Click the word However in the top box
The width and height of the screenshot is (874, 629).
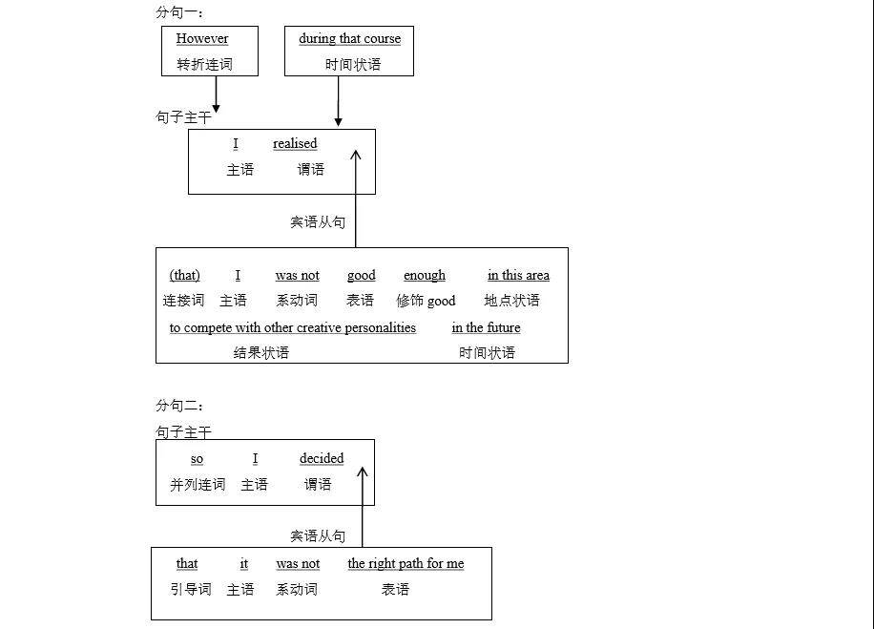[202, 39]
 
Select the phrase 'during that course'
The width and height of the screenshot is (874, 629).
[349, 39]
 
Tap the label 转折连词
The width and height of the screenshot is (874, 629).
[204, 65]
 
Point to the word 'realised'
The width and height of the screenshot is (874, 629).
[295, 144]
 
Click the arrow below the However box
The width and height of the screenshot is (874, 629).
[216, 94]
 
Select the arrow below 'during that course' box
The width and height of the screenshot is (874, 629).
[338, 101]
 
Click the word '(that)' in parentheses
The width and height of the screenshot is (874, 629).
[185, 276]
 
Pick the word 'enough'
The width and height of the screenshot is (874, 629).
[425, 276]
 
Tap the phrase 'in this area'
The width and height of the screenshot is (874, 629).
[518, 276]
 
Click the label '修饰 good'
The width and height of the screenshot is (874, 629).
[426, 301]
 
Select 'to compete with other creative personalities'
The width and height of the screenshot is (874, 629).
[293, 328]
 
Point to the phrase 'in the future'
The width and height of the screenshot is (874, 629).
[487, 328]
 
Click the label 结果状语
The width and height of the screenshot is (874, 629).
[261, 353]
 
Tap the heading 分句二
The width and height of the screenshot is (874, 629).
[179, 406]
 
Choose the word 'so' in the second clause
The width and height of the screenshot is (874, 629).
[197, 459]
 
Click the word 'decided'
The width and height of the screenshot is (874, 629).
[322, 459]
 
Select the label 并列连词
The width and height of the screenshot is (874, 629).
[198, 485]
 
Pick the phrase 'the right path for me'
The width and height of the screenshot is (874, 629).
[406, 564]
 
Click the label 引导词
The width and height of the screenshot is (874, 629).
[191, 590]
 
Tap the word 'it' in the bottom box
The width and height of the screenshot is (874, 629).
[244, 564]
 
